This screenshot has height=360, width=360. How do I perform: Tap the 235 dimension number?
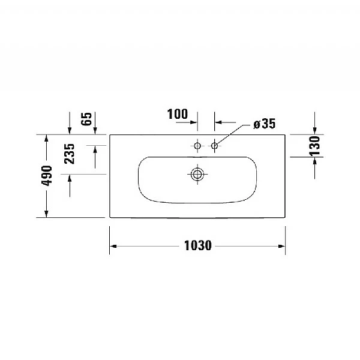pyautogui.click(x=70, y=155)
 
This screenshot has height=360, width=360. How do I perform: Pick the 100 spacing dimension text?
pyautogui.click(x=177, y=114)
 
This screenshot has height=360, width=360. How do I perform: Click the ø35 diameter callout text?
pyautogui.click(x=264, y=124)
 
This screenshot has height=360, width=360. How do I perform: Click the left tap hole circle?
pyautogui.click(x=197, y=145)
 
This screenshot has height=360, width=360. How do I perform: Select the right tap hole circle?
pyautogui.click(x=214, y=145)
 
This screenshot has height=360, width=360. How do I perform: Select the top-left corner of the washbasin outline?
pyautogui.click(x=110, y=134)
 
